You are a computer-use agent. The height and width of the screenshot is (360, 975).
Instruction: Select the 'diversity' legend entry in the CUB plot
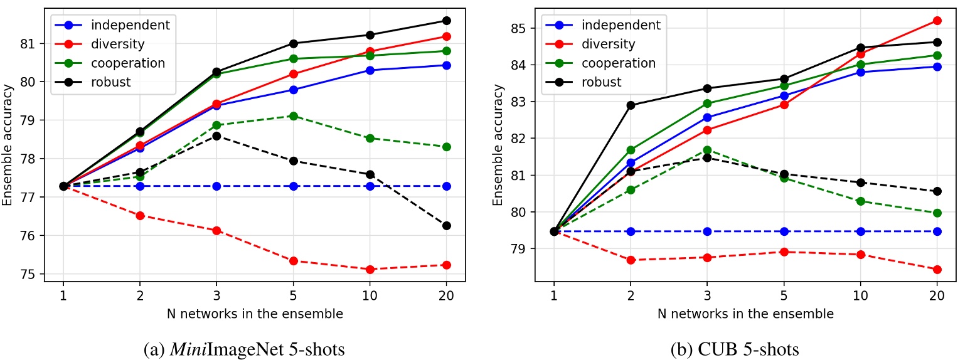click(x=608, y=45)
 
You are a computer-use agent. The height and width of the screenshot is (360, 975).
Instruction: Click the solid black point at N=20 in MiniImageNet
click(x=446, y=21)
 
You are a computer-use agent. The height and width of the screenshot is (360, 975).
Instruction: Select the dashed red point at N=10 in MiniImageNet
click(x=370, y=269)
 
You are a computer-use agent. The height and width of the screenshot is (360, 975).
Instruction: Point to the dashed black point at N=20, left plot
click(x=446, y=226)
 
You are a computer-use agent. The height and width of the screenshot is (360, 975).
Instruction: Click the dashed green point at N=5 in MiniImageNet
click(x=293, y=116)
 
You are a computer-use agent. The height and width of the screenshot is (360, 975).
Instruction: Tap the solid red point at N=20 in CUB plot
click(x=937, y=21)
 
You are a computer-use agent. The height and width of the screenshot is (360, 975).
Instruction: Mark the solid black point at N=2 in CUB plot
click(x=631, y=105)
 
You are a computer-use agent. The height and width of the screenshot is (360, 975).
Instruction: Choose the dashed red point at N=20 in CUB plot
click(x=937, y=270)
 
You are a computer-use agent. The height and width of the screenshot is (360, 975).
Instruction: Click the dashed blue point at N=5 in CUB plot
click(x=784, y=231)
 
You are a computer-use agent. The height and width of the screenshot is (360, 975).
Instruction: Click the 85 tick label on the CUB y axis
click(x=520, y=28)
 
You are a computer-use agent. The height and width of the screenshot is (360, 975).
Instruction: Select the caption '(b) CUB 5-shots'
click(x=745, y=348)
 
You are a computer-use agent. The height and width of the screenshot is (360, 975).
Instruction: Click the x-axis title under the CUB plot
click(x=745, y=313)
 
